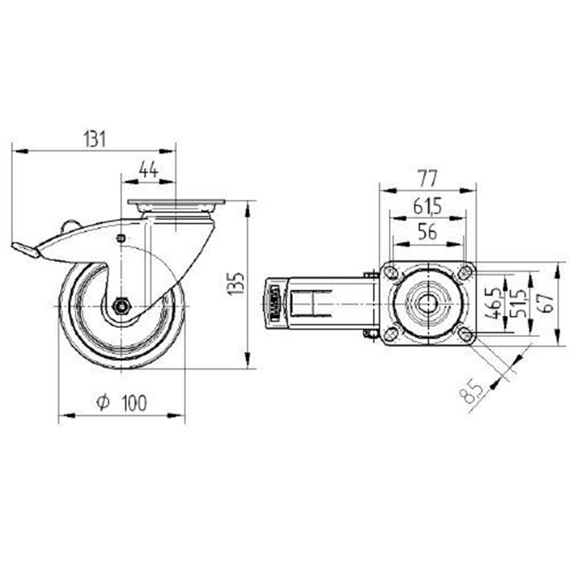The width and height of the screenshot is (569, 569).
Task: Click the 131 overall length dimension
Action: point(95,139)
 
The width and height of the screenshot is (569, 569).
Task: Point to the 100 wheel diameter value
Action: point(134,403)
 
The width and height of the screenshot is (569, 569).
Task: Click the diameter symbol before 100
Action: point(103,403)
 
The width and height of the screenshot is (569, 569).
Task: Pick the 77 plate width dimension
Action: point(427,178)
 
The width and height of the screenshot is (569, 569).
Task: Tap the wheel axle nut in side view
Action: point(121,305)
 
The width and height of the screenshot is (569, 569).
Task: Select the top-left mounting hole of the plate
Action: point(388,272)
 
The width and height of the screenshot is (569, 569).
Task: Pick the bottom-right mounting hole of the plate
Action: point(465,334)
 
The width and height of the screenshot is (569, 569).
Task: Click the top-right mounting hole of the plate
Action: point(465,272)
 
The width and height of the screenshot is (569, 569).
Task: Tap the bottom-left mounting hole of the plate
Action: point(388,334)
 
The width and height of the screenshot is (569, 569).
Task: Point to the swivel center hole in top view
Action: point(427,303)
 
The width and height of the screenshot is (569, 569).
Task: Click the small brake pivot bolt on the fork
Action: point(121,238)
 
